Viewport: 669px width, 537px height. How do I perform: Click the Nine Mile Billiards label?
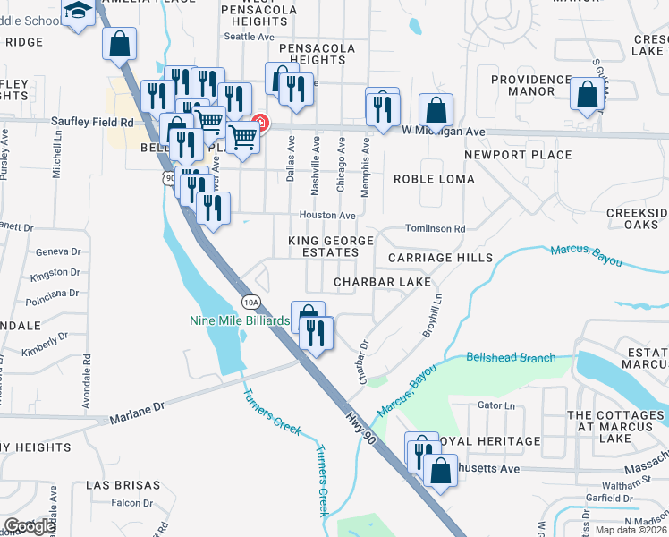(240, 320)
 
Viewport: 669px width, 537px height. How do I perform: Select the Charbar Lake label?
(382, 282)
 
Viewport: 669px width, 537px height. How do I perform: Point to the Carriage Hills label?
(440, 258)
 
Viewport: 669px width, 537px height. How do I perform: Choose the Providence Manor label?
(530, 85)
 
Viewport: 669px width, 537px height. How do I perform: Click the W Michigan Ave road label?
(443, 131)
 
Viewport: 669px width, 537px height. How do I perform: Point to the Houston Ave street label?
(327, 216)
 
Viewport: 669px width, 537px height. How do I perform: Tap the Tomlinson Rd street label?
(435, 229)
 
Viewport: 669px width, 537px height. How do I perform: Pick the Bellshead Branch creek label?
(510, 358)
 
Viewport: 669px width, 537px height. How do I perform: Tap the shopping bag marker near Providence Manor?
(588, 96)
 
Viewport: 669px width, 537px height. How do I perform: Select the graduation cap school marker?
(79, 12)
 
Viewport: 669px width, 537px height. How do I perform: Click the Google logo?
(30, 526)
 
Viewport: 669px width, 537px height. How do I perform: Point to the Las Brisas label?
(123, 485)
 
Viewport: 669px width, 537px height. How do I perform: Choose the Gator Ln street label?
(497, 405)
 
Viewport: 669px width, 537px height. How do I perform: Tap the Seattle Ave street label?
(249, 37)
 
